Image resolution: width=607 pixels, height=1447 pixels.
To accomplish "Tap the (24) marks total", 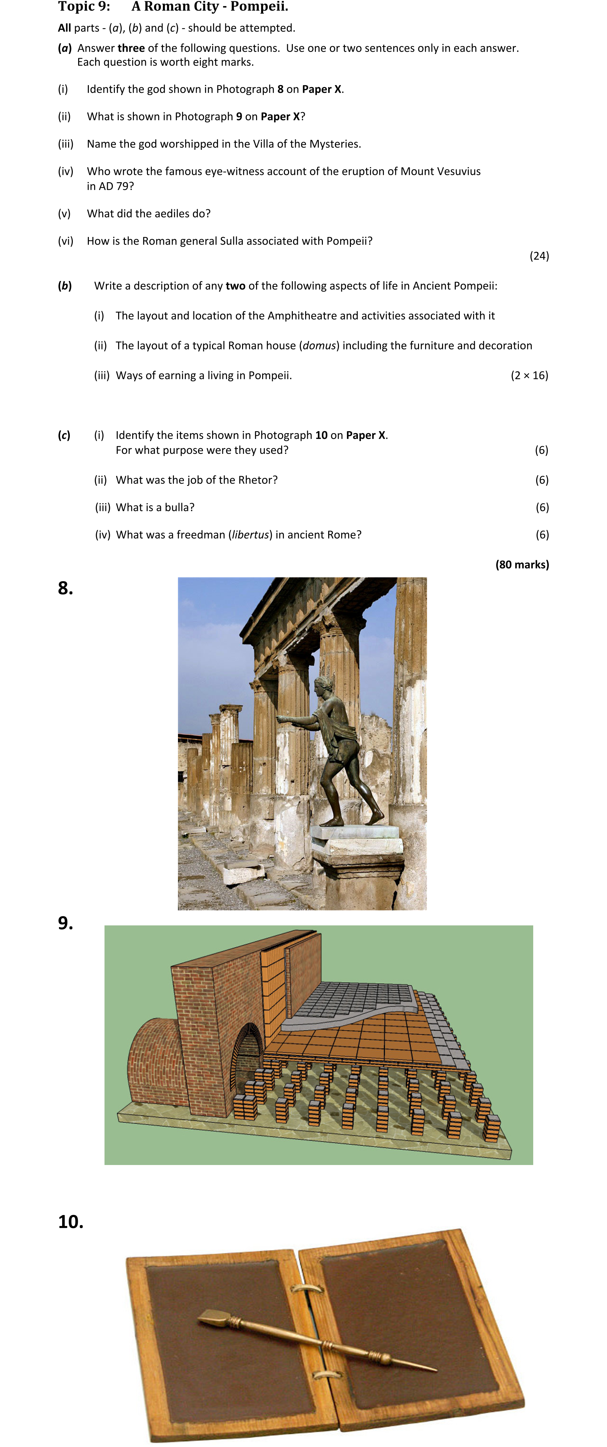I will (539, 256).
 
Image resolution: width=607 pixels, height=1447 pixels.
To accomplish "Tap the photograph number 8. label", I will (66, 588).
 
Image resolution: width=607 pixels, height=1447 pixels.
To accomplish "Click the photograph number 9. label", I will (66, 923).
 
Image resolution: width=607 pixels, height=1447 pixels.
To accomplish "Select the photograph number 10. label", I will (71, 1222).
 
